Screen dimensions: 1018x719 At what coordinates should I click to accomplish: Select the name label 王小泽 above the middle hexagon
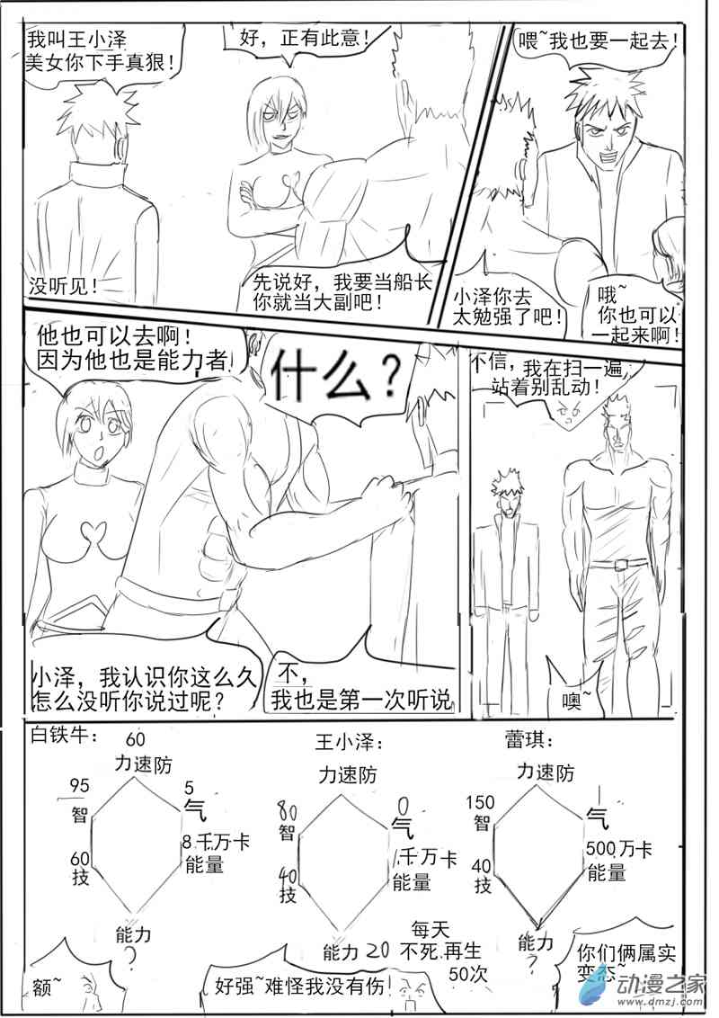pyautogui.click(x=349, y=744)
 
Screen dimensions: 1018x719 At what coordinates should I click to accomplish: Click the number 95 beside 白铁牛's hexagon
pyautogui.click(x=79, y=786)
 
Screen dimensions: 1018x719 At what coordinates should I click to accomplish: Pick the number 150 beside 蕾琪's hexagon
pyautogui.click(x=482, y=801)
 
